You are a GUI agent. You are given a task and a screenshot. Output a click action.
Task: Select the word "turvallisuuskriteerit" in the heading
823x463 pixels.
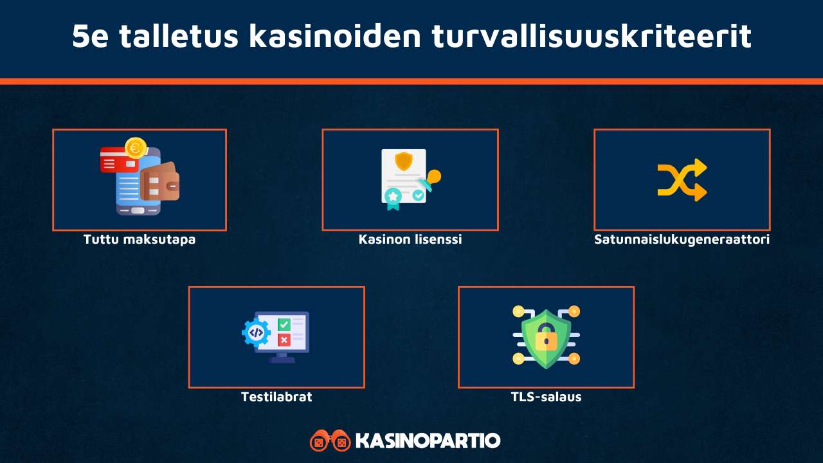click(591, 37)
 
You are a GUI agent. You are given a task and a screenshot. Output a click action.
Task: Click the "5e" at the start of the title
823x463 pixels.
click(89, 37)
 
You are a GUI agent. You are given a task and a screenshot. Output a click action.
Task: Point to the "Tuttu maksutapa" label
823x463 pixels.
click(140, 240)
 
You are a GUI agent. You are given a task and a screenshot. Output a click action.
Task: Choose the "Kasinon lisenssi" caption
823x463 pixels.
click(410, 240)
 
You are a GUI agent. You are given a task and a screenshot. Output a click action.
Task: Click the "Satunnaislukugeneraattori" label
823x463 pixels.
click(682, 240)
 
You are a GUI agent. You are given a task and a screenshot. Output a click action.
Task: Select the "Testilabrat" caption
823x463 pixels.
click(276, 397)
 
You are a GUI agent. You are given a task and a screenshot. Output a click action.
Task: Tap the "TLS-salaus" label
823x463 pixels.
click(546, 397)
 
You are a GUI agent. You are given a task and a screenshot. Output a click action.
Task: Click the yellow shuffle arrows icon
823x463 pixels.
click(682, 180)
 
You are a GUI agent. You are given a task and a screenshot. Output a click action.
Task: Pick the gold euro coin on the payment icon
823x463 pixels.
click(136, 148)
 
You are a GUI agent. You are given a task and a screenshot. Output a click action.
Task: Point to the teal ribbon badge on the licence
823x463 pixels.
click(392, 197)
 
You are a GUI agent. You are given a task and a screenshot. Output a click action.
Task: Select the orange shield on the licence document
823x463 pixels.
click(404, 160)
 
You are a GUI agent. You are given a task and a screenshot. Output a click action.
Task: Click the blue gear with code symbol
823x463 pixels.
click(256, 332)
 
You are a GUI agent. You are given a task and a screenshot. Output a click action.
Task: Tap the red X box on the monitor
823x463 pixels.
click(284, 340)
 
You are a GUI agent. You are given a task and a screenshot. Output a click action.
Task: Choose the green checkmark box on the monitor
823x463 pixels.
click(284, 325)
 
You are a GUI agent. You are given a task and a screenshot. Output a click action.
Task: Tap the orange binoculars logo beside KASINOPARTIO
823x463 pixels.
click(329, 440)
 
